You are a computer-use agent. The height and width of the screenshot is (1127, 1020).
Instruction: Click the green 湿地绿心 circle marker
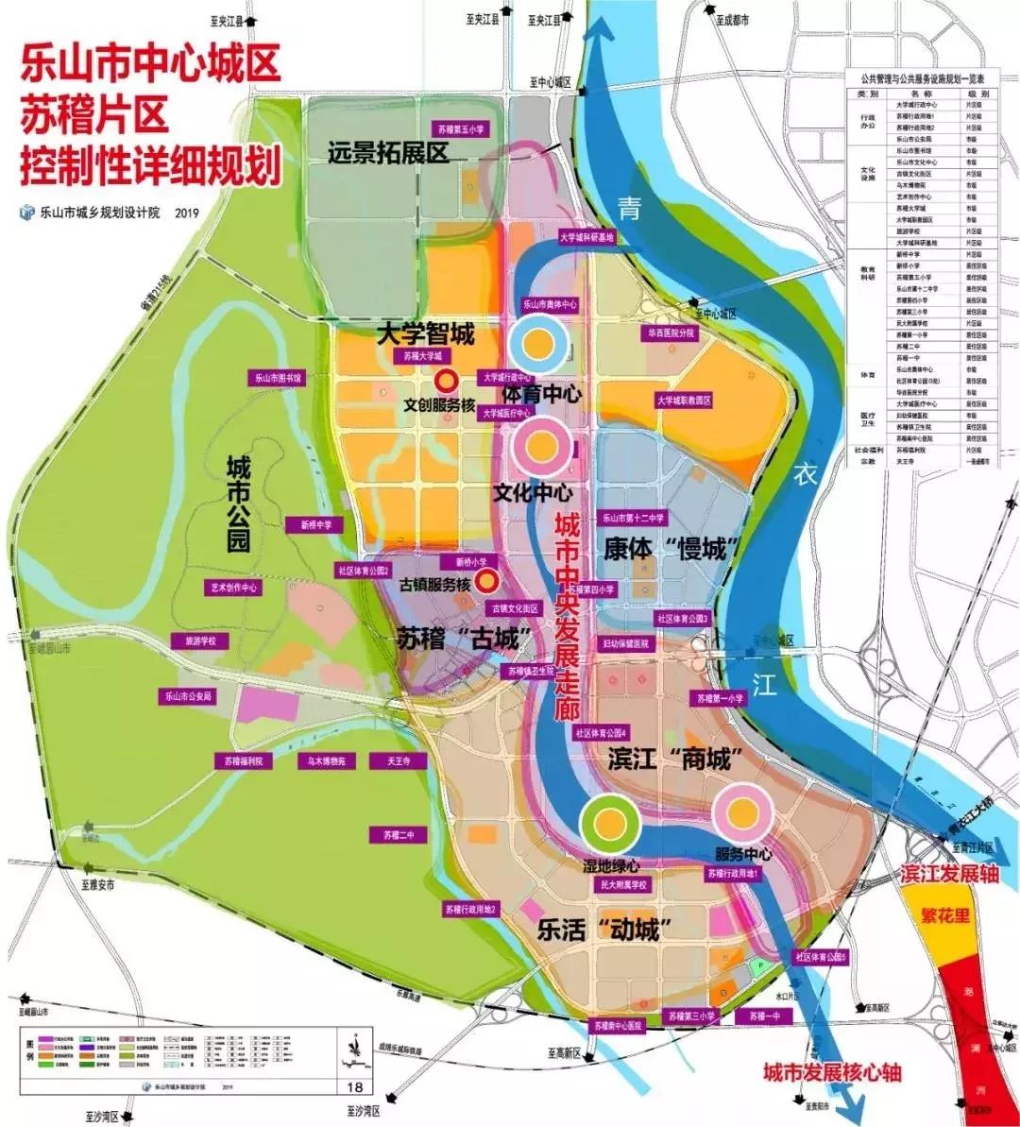(x=609, y=822)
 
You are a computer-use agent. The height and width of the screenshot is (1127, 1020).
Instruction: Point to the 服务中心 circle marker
(x=743, y=813)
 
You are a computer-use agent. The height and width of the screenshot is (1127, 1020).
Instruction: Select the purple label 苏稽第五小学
(x=462, y=129)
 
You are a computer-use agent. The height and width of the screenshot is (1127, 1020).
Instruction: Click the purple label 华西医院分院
(x=671, y=333)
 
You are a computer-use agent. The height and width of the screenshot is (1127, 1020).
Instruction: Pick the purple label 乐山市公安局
(x=189, y=696)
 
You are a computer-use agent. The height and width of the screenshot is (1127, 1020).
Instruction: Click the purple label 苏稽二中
(x=399, y=835)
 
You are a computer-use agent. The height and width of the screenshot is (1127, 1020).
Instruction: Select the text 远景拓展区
(x=388, y=153)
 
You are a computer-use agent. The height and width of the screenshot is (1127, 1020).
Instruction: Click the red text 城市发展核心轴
(x=832, y=1071)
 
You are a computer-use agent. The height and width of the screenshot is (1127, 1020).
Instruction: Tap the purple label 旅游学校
(x=200, y=641)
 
